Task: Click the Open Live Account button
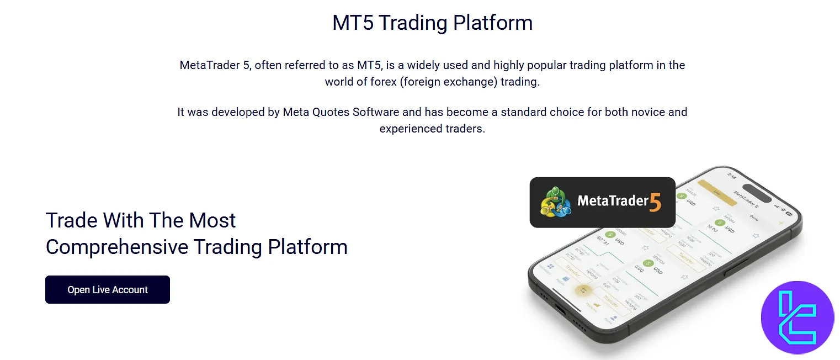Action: click(x=108, y=290)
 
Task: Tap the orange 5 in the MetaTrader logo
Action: click(x=655, y=202)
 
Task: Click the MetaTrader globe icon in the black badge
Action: click(x=555, y=203)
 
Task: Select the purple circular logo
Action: click(x=797, y=317)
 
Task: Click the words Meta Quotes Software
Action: click(x=341, y=112)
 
